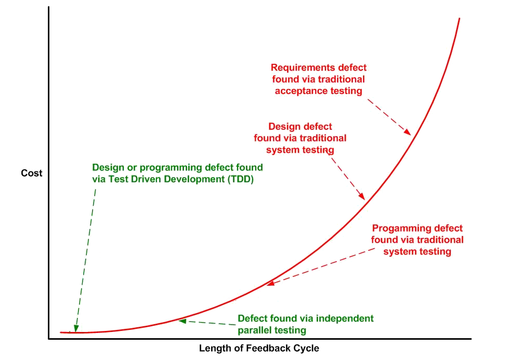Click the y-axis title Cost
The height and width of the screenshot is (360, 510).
coord(31,173)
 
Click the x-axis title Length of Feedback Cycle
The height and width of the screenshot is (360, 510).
coord(259,348)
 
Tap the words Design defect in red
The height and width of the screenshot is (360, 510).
coord(300,126)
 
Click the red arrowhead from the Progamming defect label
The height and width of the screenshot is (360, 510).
coord(270,283)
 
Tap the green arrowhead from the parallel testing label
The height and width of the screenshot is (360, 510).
coord(182,321)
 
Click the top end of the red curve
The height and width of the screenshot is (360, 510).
coord(460,19)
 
